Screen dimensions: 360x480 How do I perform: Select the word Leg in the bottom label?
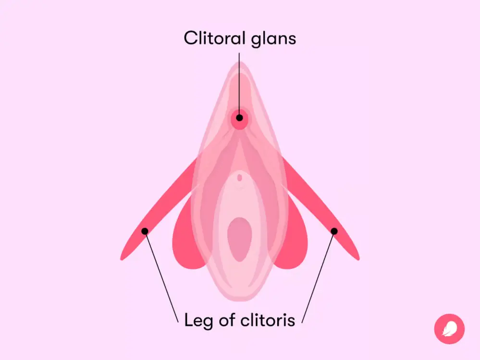click(x=197, y=320)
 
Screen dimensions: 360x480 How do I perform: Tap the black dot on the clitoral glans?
click(x=240, y=118)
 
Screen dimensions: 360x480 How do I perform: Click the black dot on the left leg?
click(x=145, y=231)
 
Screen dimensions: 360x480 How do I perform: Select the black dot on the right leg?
click(x=334, y=231)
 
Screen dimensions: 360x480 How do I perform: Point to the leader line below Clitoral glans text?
click(x=240, y=82)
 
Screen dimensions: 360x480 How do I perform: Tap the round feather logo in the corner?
click(x=449, y=329)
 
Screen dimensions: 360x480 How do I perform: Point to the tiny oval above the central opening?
click(x=240, y=178)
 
